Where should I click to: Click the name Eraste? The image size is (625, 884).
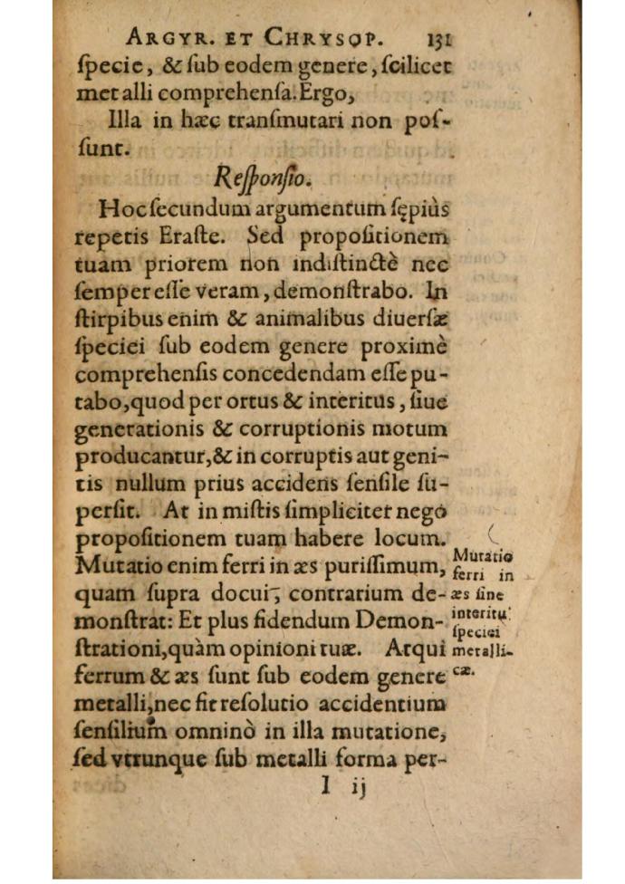(x=194, y=237)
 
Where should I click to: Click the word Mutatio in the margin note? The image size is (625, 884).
(x=482, y=554)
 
